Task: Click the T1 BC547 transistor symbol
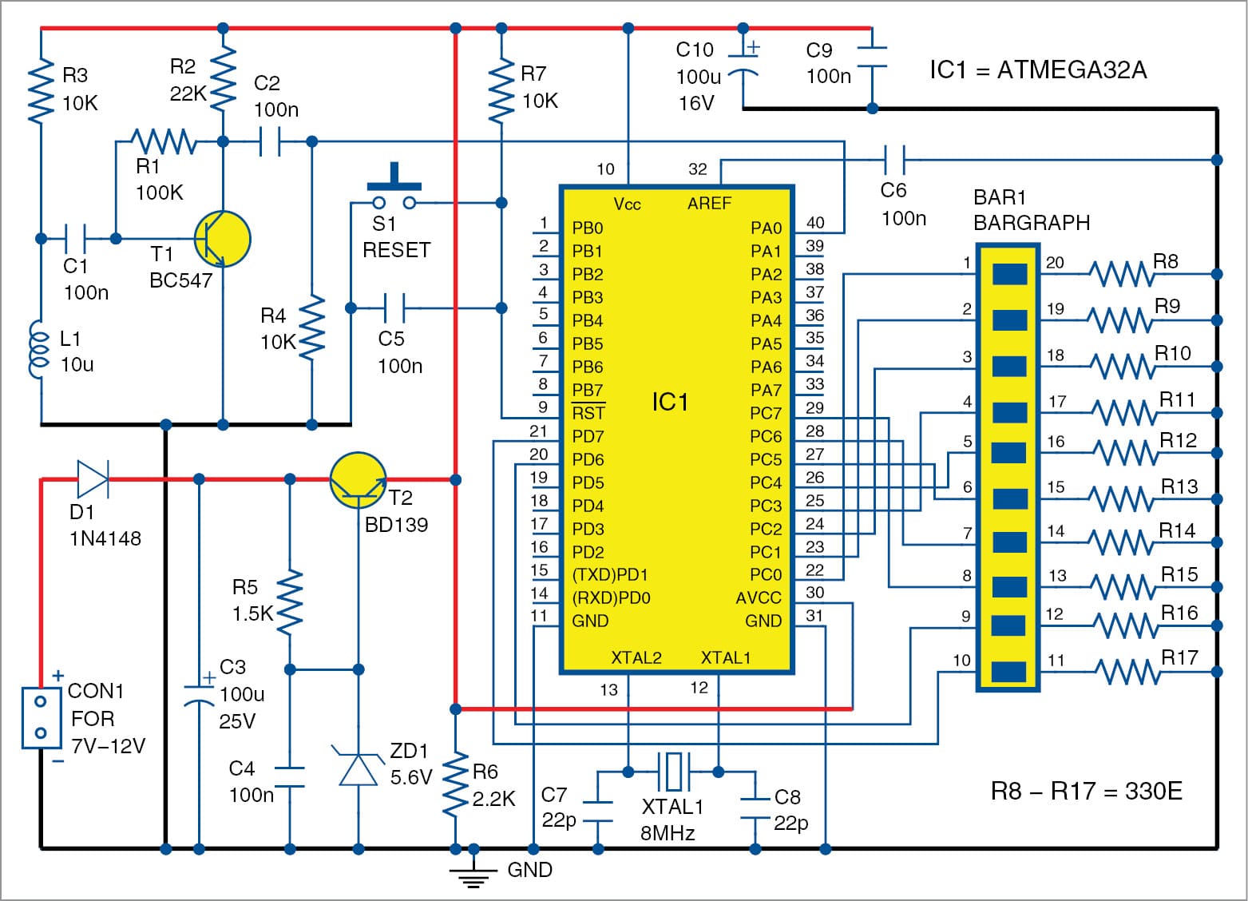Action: point(222,239)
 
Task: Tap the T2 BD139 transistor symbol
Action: point(359,480)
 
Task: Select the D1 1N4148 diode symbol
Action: point(93,479)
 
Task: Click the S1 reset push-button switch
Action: point(394,192)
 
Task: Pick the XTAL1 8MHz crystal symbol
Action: point(673,772)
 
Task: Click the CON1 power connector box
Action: point(42,717)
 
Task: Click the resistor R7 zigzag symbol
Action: point(501,89)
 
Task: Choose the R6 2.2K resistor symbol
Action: point(455,787)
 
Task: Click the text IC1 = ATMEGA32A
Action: point(1037,70)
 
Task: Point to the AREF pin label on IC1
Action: point(709,204)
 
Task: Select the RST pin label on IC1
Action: point(588,413)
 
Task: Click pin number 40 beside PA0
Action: point(814,223)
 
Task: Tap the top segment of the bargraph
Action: point(1008,274)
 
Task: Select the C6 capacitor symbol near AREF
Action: point(893,160)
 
